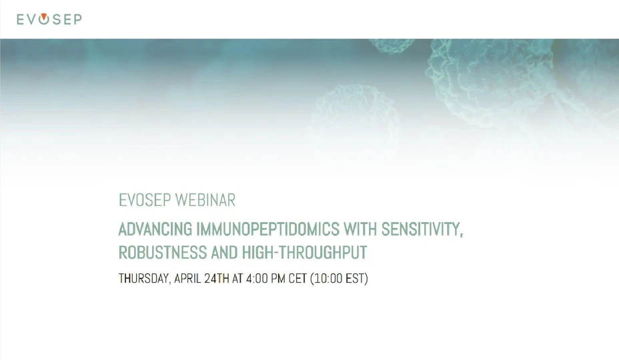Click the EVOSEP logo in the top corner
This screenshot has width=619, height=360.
(49, 19)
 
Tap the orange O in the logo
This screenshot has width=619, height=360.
(44, 19)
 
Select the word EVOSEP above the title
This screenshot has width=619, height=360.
(145, 200)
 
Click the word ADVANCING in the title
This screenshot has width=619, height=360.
(155, 230)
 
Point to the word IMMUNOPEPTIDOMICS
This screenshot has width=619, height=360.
(267, 230)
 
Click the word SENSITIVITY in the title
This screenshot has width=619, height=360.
(422, 230)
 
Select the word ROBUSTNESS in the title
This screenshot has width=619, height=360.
(159, 253)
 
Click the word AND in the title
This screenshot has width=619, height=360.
(221, 253)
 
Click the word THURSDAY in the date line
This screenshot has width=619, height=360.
(143, 279)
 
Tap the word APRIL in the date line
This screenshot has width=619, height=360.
(188, 279)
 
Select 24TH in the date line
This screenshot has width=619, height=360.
(217, 279)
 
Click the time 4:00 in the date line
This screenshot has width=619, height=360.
(257, 279)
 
